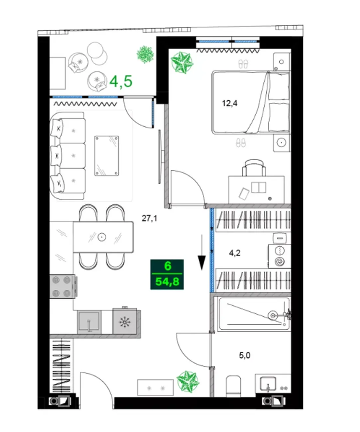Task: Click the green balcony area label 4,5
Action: point(121,81)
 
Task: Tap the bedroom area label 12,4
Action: point(230,103)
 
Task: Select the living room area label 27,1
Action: point(149,218)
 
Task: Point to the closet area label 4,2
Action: point(235,253)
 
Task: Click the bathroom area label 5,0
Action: point(245,356)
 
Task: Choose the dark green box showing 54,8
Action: point(167,274)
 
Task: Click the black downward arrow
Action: point(202,253)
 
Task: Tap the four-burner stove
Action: point(62,286)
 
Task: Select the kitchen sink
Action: point(89,322)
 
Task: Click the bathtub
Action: point(254,314)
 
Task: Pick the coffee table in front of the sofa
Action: point(107,156)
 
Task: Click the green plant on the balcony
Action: point(145,54)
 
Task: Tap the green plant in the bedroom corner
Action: point(182,62)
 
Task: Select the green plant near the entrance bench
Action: point(188,381)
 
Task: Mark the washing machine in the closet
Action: point(280,256)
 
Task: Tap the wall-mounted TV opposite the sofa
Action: point(160,157)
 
